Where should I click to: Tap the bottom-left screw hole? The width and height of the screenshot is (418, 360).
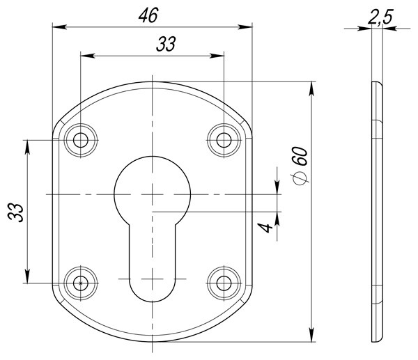tap(81, 283)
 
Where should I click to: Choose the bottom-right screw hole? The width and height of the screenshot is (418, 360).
tap(223, 283)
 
